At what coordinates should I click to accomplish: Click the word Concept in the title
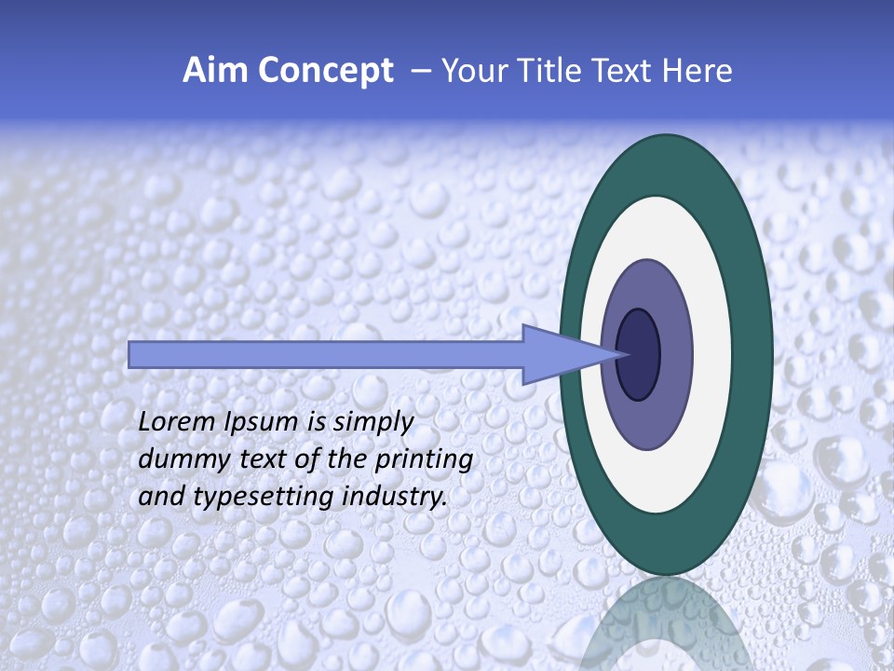coord(324,71)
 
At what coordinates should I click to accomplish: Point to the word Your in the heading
coord(472,71)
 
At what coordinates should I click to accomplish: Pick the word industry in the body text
coord(392,498)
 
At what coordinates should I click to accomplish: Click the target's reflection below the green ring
coord(665,620)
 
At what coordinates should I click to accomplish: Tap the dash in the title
coord(421,71)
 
